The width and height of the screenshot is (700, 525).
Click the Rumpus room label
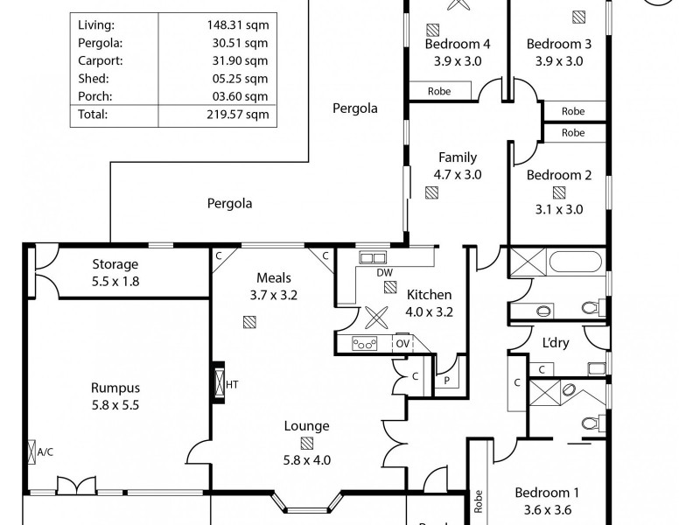tap(115, 388)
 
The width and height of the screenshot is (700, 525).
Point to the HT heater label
tap(233, 383)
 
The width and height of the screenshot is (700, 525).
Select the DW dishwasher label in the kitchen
tap(385, 272)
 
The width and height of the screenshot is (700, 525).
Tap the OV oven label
tap(402, 344)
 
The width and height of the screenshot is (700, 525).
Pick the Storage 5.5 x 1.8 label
tap(115, 273)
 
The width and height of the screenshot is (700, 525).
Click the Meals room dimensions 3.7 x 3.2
tap(274, 295)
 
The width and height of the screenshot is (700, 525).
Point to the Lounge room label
tap(306, 426)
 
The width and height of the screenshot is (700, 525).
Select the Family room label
tap(458, 157)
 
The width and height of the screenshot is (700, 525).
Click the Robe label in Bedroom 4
tap(439, 91)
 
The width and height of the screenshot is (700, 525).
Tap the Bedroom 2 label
tap(559, 175)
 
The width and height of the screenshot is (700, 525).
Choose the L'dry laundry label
tap(555, 343)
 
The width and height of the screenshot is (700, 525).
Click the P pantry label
tap(446, 380)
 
